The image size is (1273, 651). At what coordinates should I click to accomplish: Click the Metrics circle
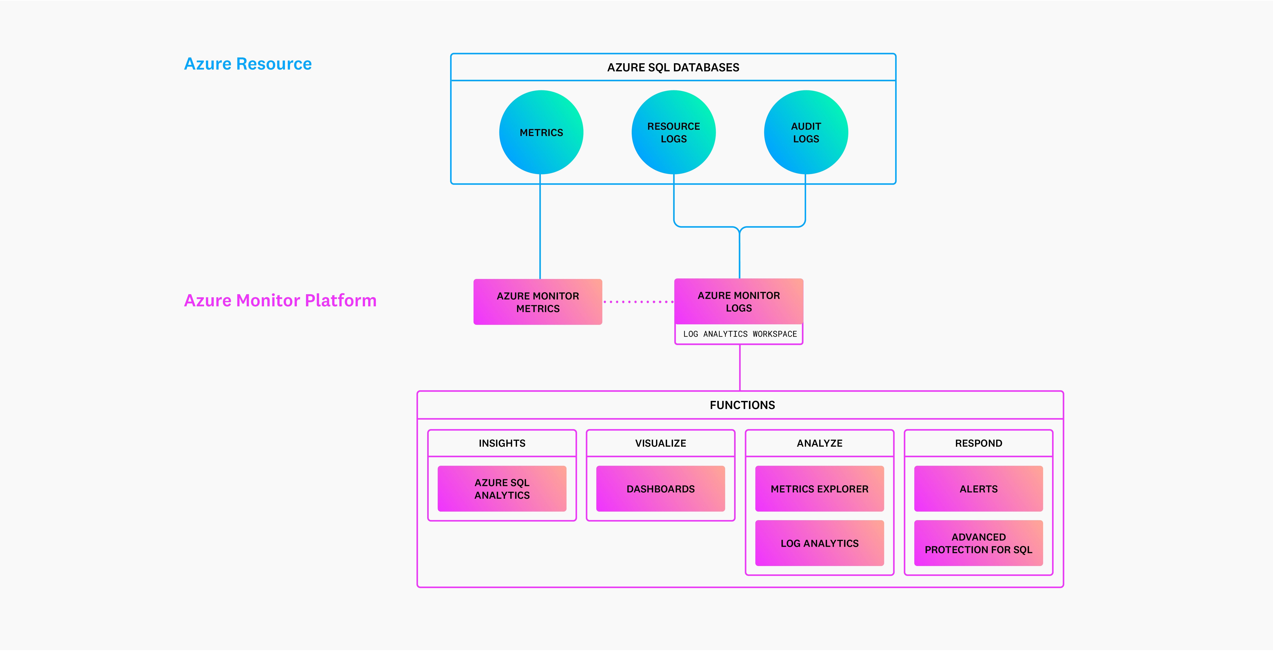click(x=541, y=132)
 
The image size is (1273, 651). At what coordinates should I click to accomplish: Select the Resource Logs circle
click(x=674, y=132)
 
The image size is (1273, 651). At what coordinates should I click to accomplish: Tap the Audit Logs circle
click(x=806, y=132)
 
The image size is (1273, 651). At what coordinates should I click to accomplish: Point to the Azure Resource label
click(x=248, y=64)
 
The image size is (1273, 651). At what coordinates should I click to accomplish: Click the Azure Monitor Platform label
click(x=280, y=300)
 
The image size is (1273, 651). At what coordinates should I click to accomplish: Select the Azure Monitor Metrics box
click(x=538, y=302)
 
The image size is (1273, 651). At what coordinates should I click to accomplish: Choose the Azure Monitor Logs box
click(x=739, y=301)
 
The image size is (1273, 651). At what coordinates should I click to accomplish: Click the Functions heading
click(x=742, y=405)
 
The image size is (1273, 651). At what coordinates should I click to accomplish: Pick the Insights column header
click(x=502, y=443)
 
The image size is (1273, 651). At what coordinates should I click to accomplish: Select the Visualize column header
click(x=661, y=443)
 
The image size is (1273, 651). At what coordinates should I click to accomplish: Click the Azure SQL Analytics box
click(x=502, y=488)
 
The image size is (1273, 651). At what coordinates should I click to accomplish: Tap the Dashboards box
click(x=661, y=488)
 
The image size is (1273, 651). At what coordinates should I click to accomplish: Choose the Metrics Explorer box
click(x=819, y=488)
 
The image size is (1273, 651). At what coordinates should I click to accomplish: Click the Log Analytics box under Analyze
click(x=819, y=543)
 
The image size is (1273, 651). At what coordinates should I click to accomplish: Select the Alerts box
click(x=979, y=488)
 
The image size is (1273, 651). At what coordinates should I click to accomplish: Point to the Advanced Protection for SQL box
click(x=979, y=543)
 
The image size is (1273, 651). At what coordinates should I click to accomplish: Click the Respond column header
click(x=979, y=443)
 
